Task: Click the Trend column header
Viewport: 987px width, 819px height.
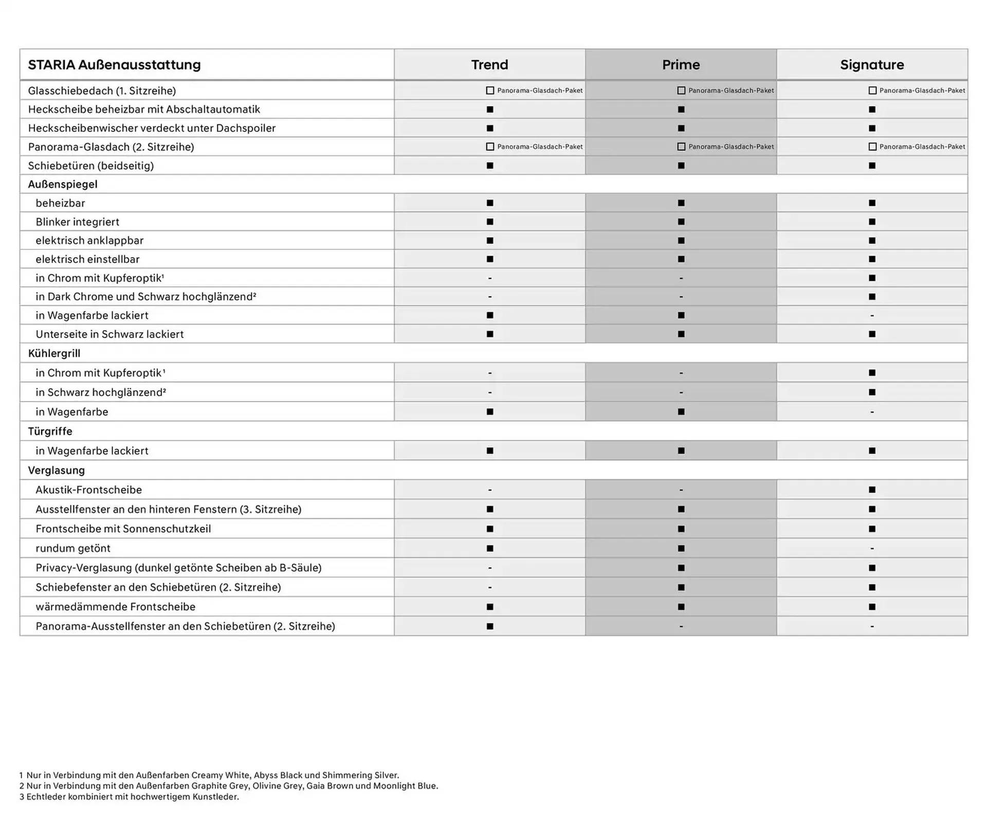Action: coord(489,65)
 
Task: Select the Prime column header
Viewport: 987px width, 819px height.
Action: coord(681,65)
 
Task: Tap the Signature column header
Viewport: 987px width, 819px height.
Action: coord(872,65)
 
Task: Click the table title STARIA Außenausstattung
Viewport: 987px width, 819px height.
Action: coord(114,65)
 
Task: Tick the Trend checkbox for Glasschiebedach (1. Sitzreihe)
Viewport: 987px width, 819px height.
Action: coord(490,90)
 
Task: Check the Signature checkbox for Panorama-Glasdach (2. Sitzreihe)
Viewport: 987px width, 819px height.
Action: coord(872,147)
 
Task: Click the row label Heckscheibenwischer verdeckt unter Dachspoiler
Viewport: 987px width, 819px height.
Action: coord(152,128)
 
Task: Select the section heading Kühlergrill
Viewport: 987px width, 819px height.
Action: coord(54,353)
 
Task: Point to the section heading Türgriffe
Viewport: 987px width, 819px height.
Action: coord(50,431)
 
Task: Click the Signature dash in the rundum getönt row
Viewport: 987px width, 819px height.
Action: coord(872,549)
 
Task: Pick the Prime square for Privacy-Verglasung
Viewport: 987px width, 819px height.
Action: coord(681,568)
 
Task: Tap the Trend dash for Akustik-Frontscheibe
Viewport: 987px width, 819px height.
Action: coord(490,490)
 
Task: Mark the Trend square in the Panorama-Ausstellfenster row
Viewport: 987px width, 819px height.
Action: coord(490,626)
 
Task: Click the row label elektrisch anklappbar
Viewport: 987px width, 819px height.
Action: coord(89,241)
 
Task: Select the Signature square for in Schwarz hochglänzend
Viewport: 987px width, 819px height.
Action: coord(872,392)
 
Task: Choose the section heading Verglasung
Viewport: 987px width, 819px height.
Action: coord(56,470)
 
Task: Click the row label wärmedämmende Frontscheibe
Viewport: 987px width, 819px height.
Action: coord(115,607)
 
